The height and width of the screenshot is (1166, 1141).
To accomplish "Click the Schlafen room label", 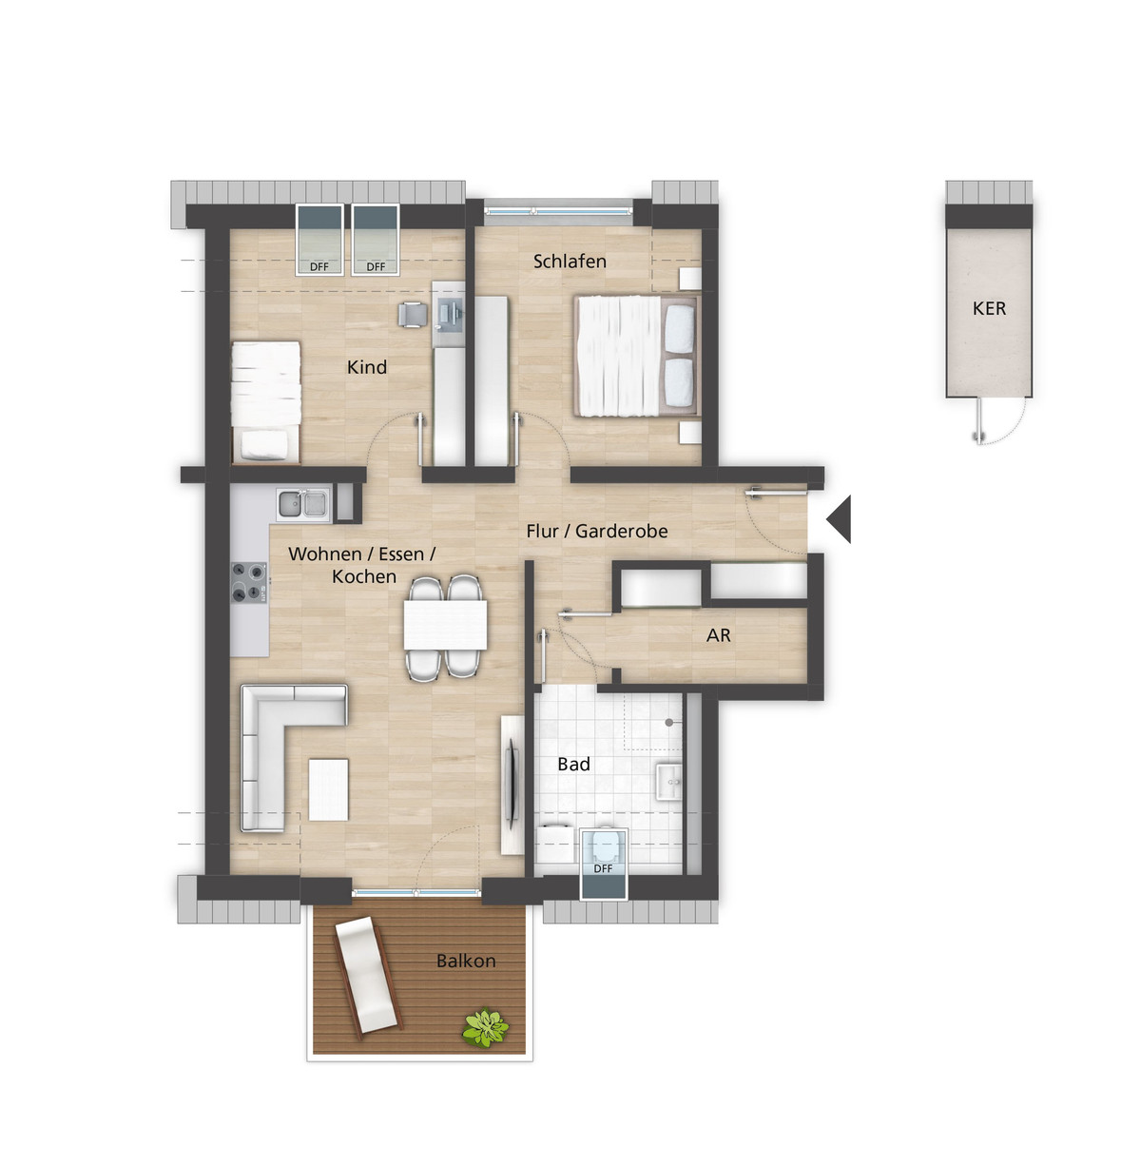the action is click(x=570, y=262).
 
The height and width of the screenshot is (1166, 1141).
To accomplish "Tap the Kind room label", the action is click(x=367, y=367).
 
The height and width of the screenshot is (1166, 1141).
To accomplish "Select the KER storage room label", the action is click(x=989, y=308).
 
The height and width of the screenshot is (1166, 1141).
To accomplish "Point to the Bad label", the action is click(x=573, y=765).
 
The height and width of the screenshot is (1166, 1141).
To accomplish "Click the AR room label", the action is click(x=718, y=635).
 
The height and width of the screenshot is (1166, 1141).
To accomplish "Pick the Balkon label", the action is click(x=466, y=961).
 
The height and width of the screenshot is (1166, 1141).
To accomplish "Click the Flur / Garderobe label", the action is click(x=597, y=532).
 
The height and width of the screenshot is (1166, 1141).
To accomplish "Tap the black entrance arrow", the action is click(x=840, y=519).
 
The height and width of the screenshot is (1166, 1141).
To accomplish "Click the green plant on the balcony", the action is click(x=485, y=1027).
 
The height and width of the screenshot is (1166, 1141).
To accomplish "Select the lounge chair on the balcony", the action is click(x=367, y=975).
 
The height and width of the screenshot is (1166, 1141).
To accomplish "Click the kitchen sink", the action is click(x=303, y=504).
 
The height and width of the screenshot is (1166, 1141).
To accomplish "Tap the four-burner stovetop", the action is click(x=250, y=583).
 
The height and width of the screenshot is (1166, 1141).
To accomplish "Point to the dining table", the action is click(x=445, y=625).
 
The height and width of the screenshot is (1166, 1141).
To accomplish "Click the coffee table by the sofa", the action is click(x=328, y=789).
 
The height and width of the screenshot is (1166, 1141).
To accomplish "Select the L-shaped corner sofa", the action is click(x=284, y=745).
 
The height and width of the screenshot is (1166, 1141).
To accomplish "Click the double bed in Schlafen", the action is click(x=638, y=356).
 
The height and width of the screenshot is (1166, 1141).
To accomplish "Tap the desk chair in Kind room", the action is click(x=413, y=315).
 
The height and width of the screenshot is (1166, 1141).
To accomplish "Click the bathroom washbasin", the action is click(x=669, y=781).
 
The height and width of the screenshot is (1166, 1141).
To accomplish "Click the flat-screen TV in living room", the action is click(x=512, y=785).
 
